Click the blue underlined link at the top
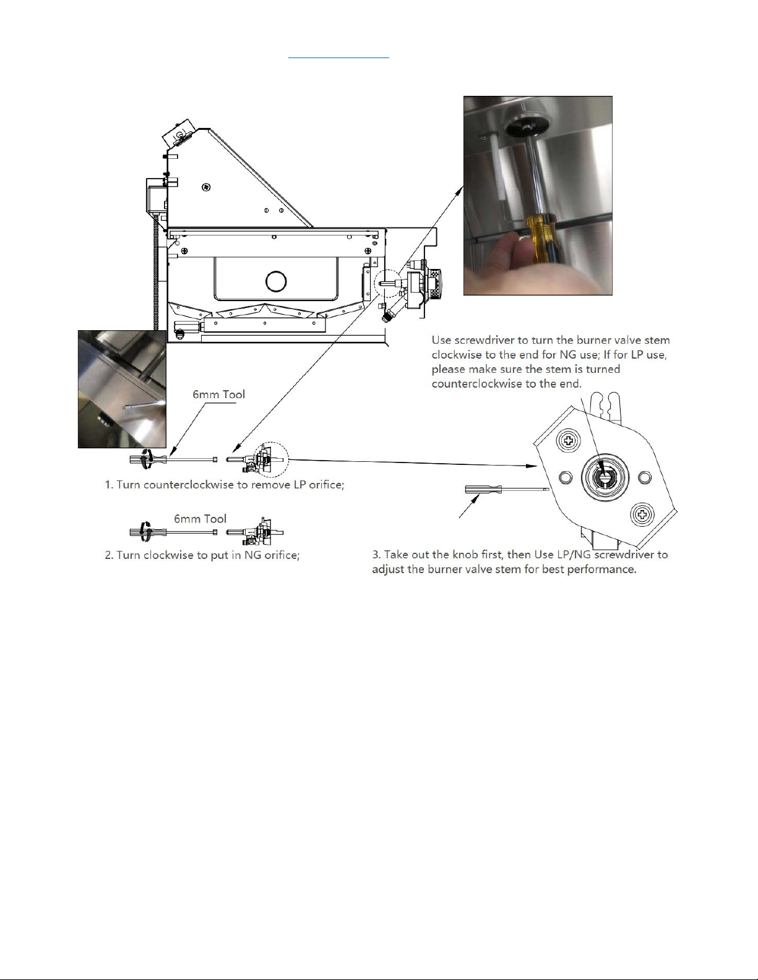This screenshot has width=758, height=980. (x=338, y=58)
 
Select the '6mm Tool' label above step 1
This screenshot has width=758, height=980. (x=219, y=394)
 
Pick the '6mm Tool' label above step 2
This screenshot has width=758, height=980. (x=200, y=519)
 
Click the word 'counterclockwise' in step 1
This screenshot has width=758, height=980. (x=189, y=485)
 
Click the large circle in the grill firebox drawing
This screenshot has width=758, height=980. (x=276, y=282)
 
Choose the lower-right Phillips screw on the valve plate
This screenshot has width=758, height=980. (x=641, y=514)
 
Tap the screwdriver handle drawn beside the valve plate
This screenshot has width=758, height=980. (x=483, y=489)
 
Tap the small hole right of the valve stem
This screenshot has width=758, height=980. (x=645, y=477)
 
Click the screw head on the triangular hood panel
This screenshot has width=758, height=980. (x=205, y=186)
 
